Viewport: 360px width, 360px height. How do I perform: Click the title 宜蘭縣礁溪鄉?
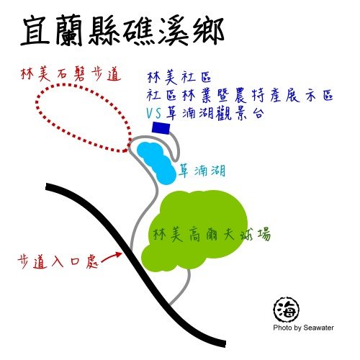(x=122, y=31)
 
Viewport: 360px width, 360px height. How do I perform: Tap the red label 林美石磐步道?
(x=71, y=73)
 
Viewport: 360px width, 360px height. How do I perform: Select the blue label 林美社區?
(x=179, y=77)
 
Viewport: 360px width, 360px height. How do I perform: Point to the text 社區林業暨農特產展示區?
(x=240, y=96)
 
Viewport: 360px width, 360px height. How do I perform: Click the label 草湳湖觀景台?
(x=215, y=113)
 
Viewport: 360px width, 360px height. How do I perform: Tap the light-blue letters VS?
(x=154, y=113)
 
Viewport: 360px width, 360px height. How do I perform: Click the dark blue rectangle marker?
(x=161, y=128)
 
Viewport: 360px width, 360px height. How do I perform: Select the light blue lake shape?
(x=156, y=163)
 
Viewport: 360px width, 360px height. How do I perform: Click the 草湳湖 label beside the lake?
(x=202, y=171)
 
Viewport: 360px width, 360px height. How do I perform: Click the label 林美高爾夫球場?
(x=212, y=234)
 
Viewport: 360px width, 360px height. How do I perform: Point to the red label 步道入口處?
(x=58, y=261)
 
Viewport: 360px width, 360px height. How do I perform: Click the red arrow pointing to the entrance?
(x=112, y=257)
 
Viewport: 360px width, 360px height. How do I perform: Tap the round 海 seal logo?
(x=287, y=310)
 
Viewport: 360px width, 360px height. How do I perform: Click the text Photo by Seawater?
(x=303, y=328)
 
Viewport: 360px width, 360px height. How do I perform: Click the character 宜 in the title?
(x=35, y=30)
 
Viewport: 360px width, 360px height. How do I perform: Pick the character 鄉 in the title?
(x=208, y=31)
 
